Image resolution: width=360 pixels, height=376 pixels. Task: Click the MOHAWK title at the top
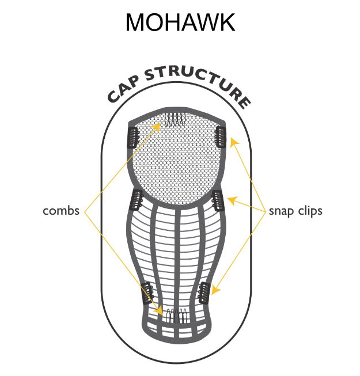[180, 22]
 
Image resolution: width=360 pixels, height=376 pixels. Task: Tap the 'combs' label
[61, 211]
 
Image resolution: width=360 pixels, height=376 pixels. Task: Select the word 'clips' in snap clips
[309, 211]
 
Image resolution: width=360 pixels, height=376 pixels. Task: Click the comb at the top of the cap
[175, 120]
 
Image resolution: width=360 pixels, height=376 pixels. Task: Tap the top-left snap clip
[131, 137]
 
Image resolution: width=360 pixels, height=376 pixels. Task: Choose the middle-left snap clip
[138, 200]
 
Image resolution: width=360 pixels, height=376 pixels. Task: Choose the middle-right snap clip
[217, 200]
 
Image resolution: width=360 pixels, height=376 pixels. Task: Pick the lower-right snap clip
[203, 294]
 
